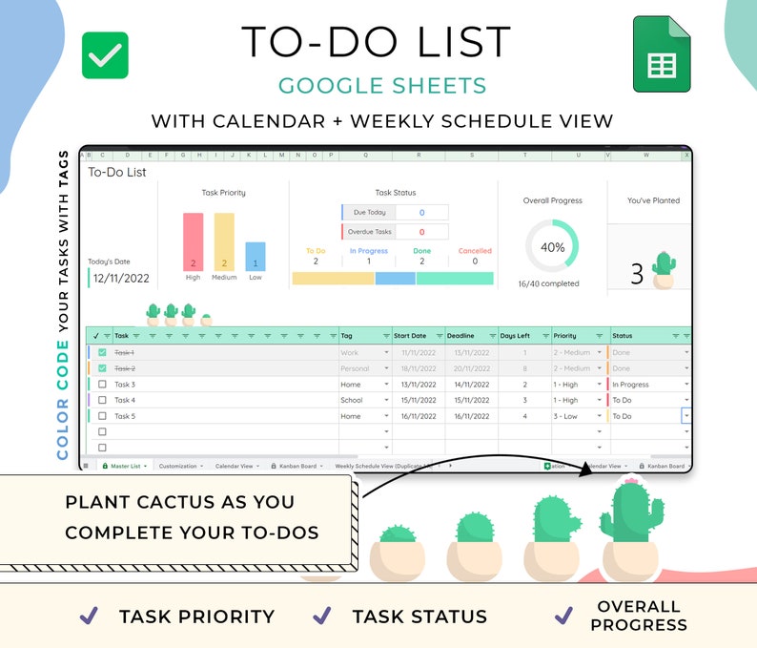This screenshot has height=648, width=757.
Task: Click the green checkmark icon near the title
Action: tap(105, 55)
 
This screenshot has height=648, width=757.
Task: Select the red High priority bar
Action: tap(193, 241)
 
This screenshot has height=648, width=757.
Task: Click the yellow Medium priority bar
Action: tap(224, 241)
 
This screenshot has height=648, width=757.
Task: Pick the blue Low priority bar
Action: tap(255, 256)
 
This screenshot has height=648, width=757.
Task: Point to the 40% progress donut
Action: tap(552, 247)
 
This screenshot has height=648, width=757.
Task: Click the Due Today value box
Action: tap(421, 212)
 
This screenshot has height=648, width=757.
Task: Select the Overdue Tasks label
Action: tap(369, 232)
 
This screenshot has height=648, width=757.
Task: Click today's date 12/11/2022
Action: tap(122, 279)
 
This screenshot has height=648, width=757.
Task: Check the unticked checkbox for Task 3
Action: tap(102, 385)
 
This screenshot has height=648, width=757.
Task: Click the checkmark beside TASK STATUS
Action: tap(322, 616)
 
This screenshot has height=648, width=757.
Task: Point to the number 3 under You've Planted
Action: tap(637, 275)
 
